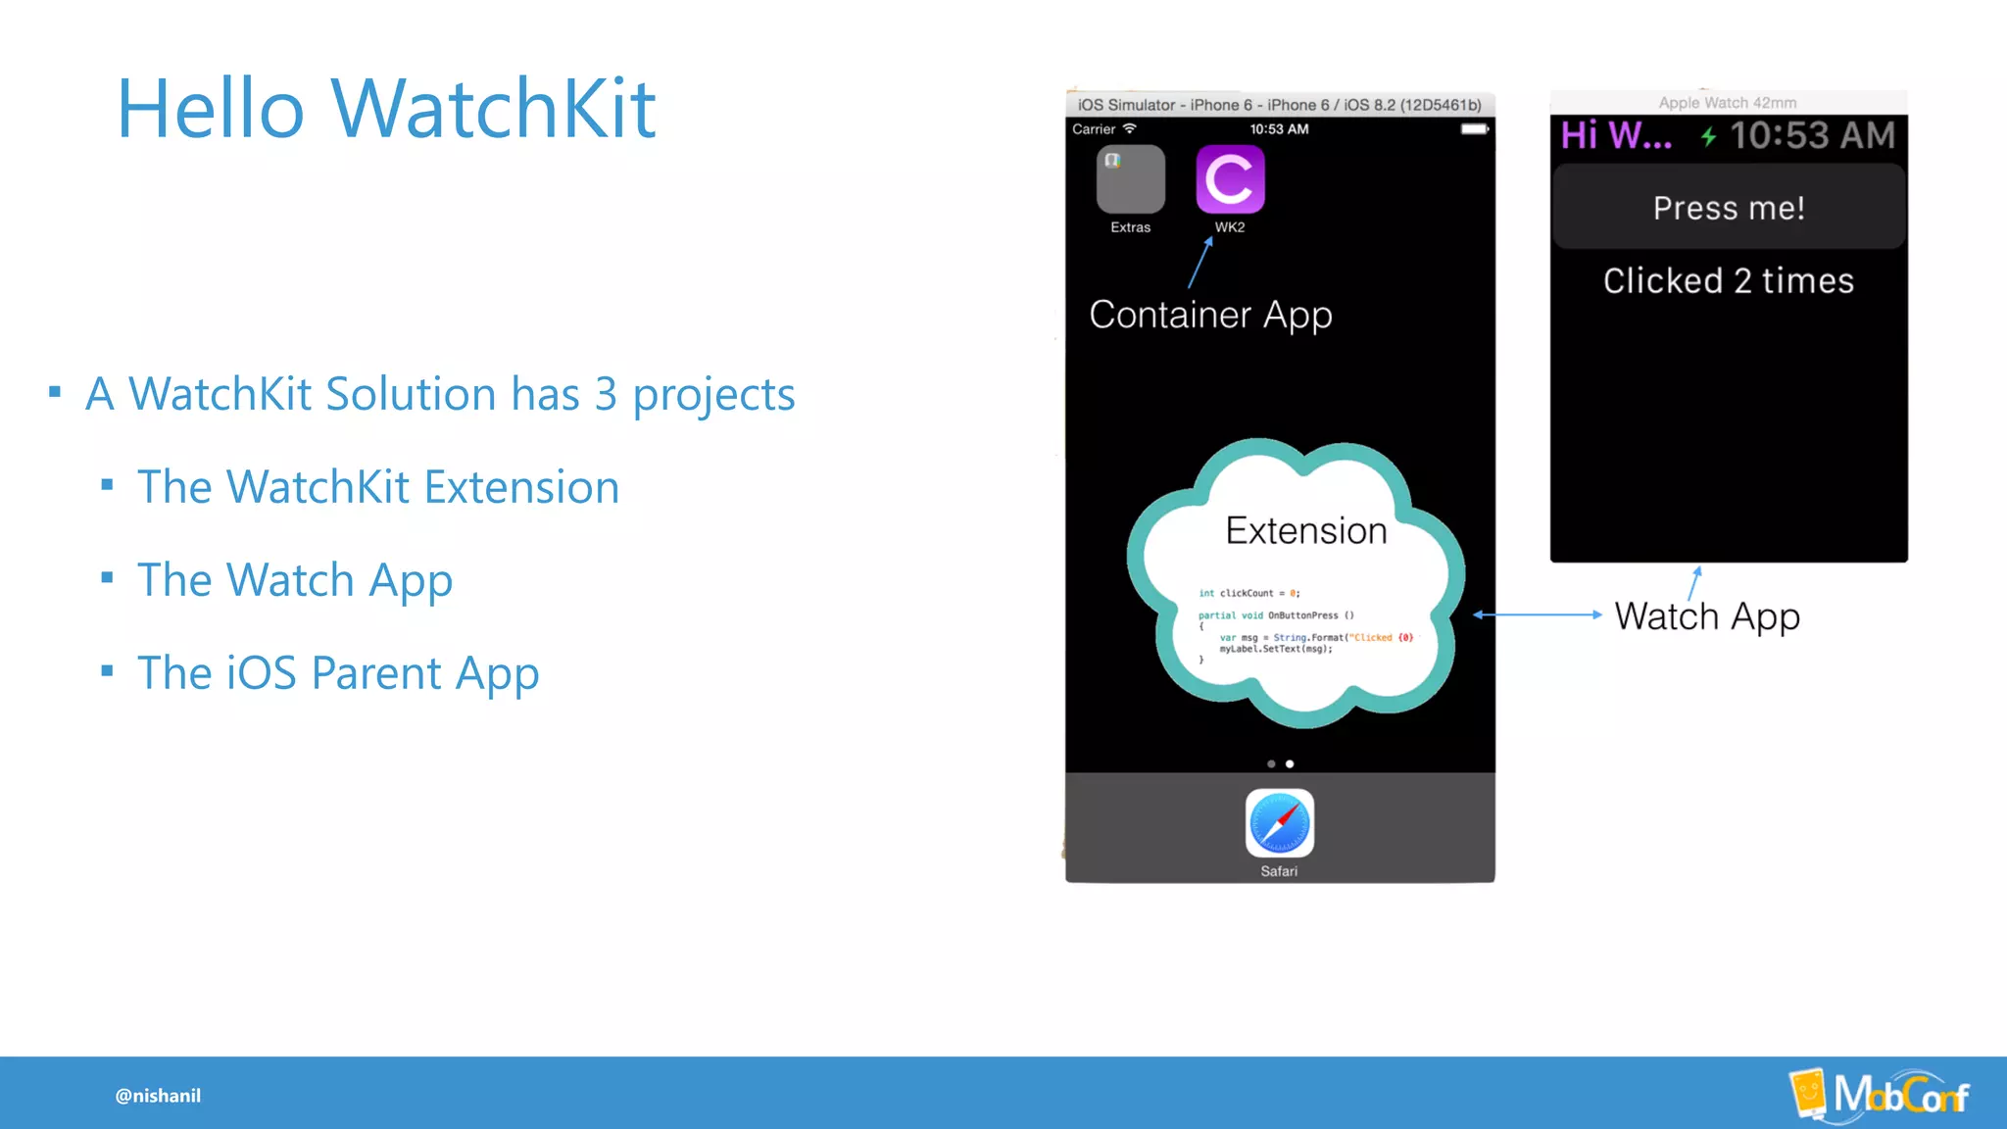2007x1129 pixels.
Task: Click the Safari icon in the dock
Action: tap(1279, 823)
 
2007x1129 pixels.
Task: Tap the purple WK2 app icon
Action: tap(1230, 179)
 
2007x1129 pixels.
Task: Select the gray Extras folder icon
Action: tap(1130, 179)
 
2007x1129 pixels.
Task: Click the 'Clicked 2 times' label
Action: tap(1728, 281)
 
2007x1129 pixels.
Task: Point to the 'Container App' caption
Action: tap(1210, 315)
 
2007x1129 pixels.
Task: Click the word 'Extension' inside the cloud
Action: tap(1305, 531)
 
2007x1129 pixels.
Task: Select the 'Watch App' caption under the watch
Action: tap(1707, 616)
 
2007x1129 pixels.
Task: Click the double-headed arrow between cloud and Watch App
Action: tap(1537, 614)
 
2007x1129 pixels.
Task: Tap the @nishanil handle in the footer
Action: tap(158, 1096)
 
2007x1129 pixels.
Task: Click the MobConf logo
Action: tap(1880, 1094)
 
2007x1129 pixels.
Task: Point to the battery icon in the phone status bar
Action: tap(1474, 129)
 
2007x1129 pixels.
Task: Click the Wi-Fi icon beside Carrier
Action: tap(1130, 128)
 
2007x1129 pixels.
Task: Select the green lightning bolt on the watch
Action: tap(1708, 136)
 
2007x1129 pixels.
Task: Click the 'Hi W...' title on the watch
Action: tap(1616, 135)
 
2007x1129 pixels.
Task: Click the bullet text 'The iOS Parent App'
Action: tap(338, 673)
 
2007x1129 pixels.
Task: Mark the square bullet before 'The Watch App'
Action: tap(107, 578)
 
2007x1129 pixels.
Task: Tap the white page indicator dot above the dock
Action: tap(1290, 763)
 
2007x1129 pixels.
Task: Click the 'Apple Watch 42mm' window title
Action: tap(1727, 103)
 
